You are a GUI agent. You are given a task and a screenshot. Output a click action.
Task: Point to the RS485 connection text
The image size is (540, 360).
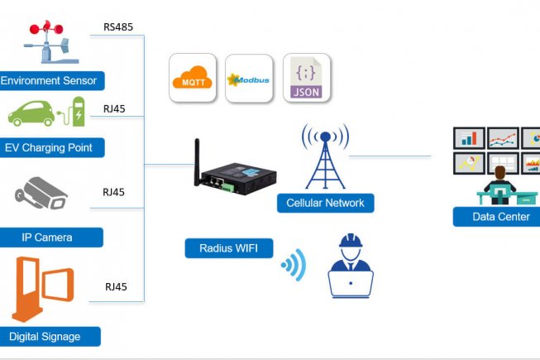click(118, 26)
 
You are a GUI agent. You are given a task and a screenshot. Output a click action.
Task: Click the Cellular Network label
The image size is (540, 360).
click(325, 203)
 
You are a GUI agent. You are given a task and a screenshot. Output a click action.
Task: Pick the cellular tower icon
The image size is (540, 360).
click(325, 157)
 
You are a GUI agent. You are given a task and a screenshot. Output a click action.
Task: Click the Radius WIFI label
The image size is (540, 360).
click(228, 247)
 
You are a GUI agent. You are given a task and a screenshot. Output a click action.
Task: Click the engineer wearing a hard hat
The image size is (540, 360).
click(350, 265)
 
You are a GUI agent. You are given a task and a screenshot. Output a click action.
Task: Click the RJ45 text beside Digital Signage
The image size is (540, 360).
click(115, 287)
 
